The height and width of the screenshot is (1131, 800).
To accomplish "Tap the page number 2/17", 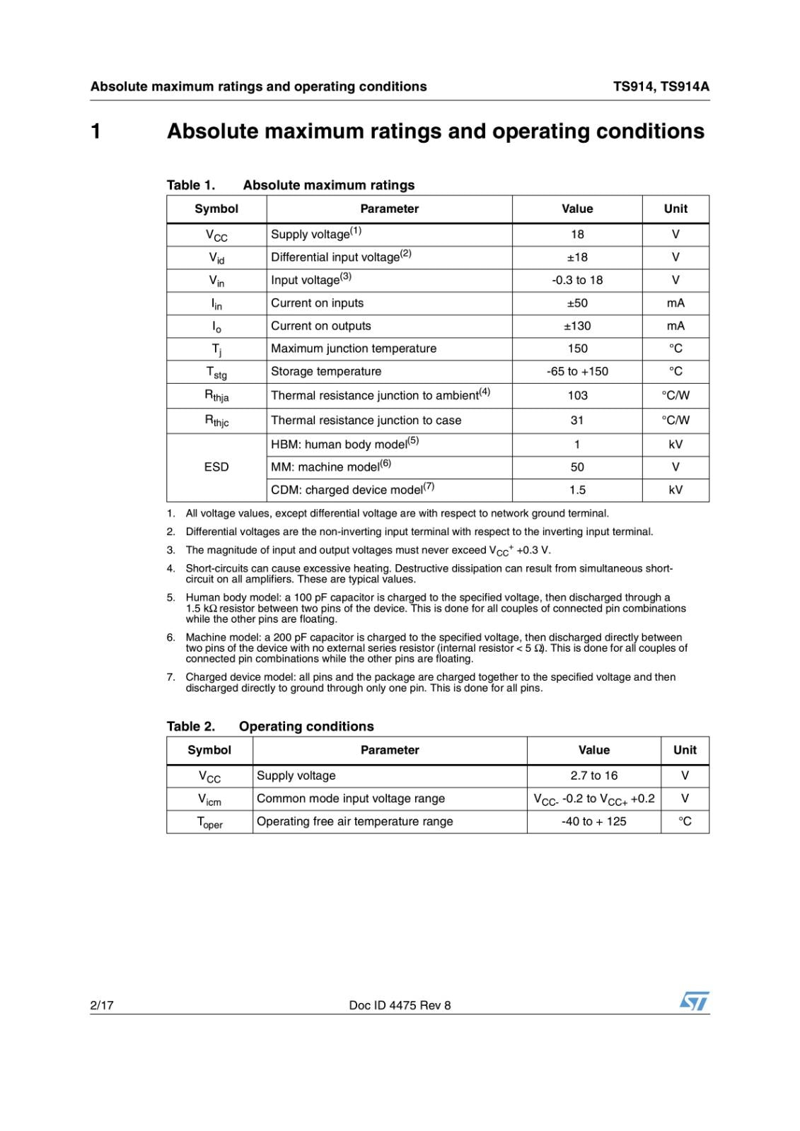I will click(x=102, y=1005).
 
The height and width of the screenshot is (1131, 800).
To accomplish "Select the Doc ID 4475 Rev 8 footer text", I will click(x=400, y=1005).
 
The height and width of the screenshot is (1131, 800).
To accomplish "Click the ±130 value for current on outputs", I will click(x=577, y=326).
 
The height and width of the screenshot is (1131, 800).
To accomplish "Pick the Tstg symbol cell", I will click(x=216, y=372).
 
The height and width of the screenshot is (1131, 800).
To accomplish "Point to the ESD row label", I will click(x=216, y=467).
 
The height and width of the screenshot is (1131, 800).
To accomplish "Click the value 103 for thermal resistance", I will click(x=577, y=395).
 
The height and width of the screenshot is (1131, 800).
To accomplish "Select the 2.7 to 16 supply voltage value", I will click(x=593, y=775).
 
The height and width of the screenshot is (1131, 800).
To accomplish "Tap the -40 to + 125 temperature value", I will click(x=593, y=821).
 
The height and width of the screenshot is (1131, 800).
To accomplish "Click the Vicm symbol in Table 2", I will click(x=209, y=799).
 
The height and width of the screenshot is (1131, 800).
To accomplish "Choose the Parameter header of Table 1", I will click(x=389, y=209).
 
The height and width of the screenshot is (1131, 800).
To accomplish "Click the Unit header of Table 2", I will click(x=685, y=750).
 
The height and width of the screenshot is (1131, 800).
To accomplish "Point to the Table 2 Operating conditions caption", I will click(x=270, y=726).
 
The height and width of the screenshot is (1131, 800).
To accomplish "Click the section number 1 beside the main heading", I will click(x=95, y=131).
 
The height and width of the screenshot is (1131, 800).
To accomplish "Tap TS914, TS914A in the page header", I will click(x=661, y=86).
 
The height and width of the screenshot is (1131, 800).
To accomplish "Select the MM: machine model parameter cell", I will click(x=331, y=467).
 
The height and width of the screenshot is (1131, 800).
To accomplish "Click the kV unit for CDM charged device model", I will click(x=676, y=490).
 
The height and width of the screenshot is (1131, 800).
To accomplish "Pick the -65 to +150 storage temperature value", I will click(x=577, y=371).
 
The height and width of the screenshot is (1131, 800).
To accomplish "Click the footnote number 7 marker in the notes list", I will click(x=170, y=677).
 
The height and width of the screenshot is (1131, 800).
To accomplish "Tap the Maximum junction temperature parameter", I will click(x=354, y=348).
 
